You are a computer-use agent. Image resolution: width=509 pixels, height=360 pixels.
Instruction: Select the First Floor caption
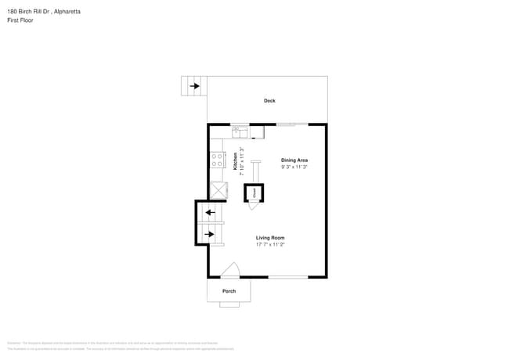[x=19, y=20]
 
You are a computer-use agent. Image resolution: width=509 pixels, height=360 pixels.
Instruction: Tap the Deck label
[x=269, y=100]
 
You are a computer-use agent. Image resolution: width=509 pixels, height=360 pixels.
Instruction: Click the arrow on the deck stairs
[x=193, y=86]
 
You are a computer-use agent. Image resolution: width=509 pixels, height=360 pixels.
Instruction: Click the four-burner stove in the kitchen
[x=217, y=160]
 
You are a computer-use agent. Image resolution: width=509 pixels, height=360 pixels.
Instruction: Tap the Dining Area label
[x=294, y=160]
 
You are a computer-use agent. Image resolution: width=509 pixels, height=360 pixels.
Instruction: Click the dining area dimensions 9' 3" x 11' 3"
[x=294, y=167]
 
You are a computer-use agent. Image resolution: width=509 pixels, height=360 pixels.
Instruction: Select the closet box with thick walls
[x=254, y=192]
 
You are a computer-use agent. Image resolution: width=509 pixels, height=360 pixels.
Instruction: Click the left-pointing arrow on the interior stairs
[x=209, y=212]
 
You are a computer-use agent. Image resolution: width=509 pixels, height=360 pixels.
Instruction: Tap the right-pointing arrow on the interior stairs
[x=209, y=233]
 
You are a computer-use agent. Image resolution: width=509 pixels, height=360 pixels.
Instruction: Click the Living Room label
[x=270, y=238]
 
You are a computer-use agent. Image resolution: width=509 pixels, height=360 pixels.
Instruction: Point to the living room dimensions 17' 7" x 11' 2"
[x=270, y=245]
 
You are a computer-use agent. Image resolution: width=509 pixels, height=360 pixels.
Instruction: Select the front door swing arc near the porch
[x=229, y=271]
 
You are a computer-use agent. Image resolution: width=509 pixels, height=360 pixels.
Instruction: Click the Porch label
[x=229, y=291]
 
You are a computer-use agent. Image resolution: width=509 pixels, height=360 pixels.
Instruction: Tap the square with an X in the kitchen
[x=217, y=190]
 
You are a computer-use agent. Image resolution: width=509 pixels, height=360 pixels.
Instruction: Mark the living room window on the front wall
[x=288, y=277]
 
